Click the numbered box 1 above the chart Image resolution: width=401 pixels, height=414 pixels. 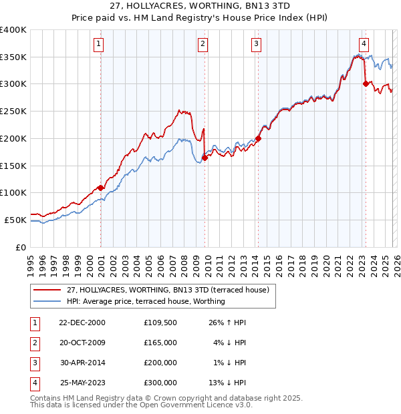(98, 45)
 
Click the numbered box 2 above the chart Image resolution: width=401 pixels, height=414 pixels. (203, 45)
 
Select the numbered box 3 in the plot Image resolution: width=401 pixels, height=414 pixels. (256, 45)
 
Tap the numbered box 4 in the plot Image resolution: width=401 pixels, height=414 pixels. (363, 45)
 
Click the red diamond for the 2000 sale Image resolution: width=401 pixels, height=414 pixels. (101, 188)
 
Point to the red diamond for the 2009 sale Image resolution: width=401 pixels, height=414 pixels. (205, 158)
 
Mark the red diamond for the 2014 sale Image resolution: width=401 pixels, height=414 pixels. (258, 138)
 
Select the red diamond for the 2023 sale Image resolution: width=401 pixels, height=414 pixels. (366, 83)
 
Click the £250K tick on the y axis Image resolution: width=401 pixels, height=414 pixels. (13, 111)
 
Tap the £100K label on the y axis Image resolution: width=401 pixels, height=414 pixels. (13, 192)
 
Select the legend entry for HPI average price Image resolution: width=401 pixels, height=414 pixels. (146, 302)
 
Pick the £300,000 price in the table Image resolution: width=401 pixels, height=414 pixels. (160, 383)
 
